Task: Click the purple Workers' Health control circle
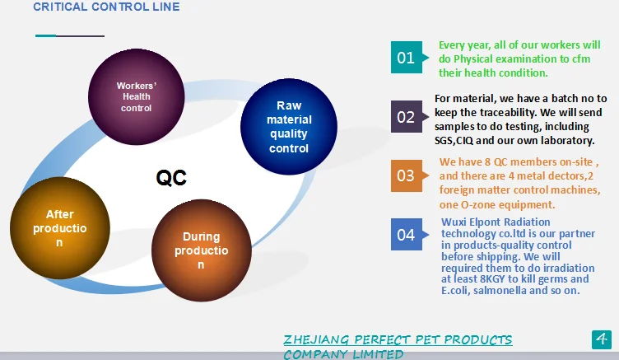coord(136,97)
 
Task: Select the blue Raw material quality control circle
coord(289,127)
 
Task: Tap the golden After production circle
coord(59,228)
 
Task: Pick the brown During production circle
coord(202,250)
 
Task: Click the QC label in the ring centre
coord(171,177)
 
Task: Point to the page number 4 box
coord(601,339)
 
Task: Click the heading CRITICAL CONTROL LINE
coord(106,7)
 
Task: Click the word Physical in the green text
coord(473,58)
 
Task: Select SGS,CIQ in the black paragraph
coord(454,140)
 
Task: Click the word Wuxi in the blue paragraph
coord(454,222)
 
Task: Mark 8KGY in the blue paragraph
coord(492,279)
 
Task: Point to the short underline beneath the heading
coord(70,35)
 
